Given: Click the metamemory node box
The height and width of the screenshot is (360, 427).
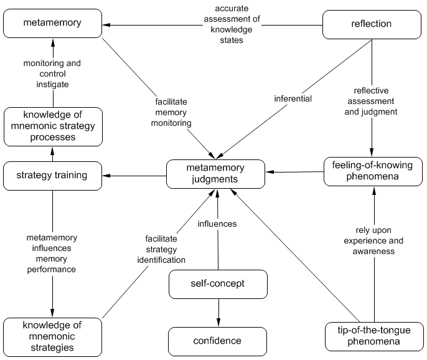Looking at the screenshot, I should (52, 24).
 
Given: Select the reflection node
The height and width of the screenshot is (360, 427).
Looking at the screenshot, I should (372, 24).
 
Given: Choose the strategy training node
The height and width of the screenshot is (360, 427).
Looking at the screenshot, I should (52, 176).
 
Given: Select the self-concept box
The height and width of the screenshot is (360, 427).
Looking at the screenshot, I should (217, 284).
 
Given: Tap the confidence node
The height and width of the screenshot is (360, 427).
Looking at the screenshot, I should (217, 341).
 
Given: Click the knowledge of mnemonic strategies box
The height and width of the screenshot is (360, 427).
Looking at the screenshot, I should (52, 336).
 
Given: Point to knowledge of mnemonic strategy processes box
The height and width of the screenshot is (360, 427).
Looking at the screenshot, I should (52, 126).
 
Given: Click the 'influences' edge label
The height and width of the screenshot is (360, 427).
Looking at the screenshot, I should (217, 224).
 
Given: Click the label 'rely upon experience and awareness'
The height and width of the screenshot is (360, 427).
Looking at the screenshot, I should (374, 240).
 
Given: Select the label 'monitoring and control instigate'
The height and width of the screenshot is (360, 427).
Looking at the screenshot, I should (52, 73).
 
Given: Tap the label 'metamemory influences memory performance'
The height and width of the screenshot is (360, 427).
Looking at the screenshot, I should (52, 253).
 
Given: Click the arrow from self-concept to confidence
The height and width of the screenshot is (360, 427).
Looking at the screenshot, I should (217, 311).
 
